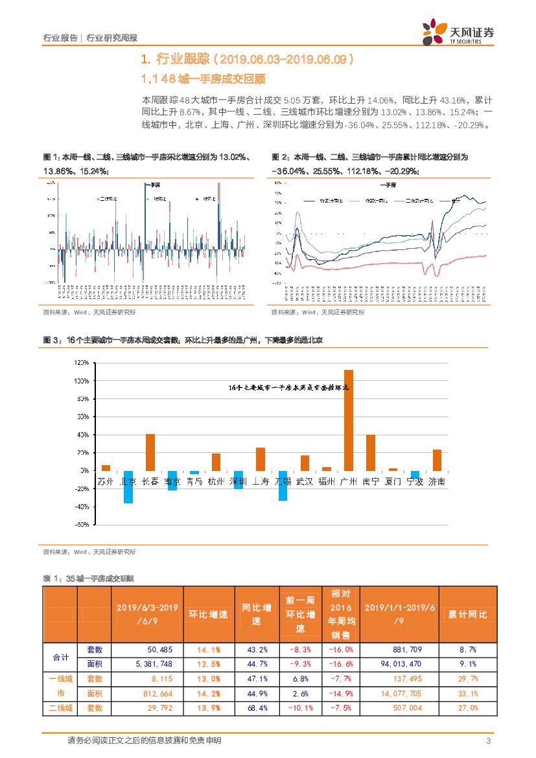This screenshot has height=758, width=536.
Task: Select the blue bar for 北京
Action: click(128, 487)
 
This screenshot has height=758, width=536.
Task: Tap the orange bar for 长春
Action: click(150, 452)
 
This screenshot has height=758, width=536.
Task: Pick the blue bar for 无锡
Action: click(283, 485)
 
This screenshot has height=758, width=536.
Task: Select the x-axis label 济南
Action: click(437, 481)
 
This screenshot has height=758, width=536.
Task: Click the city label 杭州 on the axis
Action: click(216, 481)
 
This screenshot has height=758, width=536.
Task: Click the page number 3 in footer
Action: click(487, 741)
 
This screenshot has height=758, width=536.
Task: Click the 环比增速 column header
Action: click(208, 614)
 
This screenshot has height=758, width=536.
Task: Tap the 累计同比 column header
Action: click(468, 614)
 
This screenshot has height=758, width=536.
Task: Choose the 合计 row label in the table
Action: click(60, 657)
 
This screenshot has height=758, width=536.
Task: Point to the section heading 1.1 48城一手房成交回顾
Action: click(204, 79)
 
